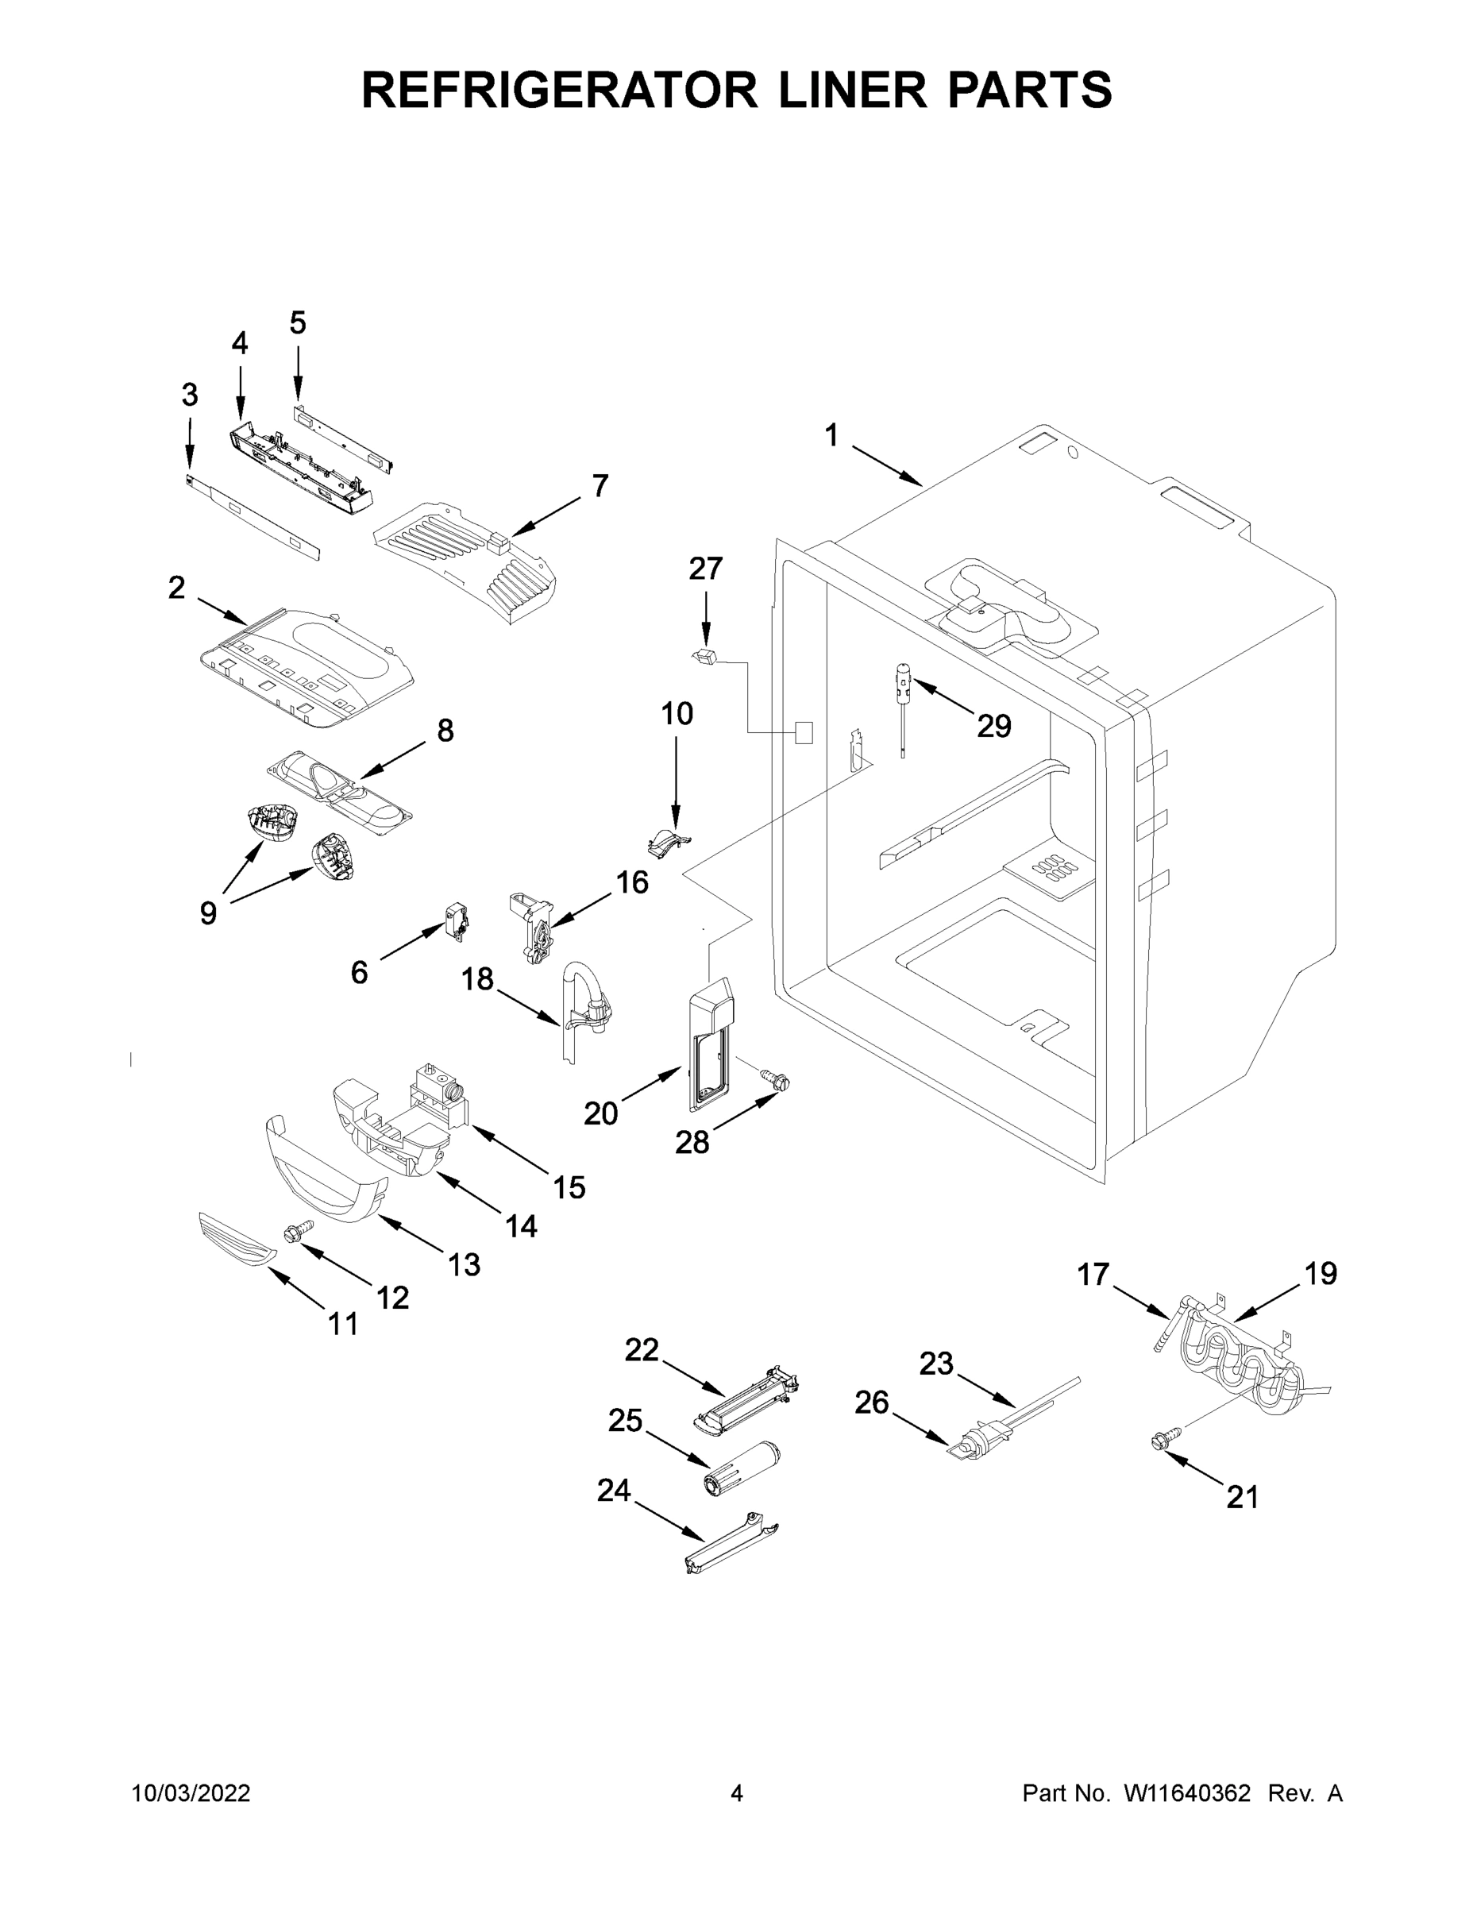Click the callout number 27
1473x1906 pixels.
point(705,569)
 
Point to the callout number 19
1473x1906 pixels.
point(1321,1274)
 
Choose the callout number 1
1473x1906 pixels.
point(831,434)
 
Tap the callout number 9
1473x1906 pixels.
point(208,912)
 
